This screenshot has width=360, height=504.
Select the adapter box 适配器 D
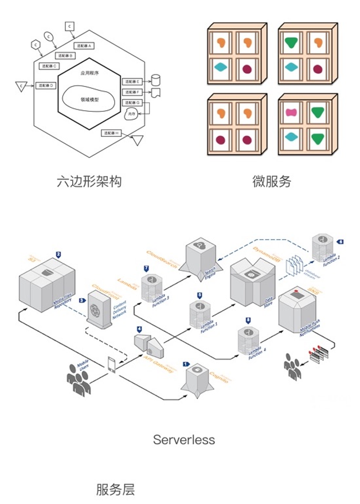45,85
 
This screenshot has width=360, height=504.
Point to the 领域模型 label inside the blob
89,99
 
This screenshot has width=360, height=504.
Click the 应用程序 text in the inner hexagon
89,73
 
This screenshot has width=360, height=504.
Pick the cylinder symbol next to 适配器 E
155,80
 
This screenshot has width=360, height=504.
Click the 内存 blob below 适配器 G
132,115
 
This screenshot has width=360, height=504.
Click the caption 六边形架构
89,182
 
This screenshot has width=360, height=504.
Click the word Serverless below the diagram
184,440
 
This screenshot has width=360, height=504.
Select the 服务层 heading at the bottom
115,489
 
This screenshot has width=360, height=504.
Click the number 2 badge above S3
58,254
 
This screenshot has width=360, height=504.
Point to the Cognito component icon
198,378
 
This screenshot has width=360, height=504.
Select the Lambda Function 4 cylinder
248,342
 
